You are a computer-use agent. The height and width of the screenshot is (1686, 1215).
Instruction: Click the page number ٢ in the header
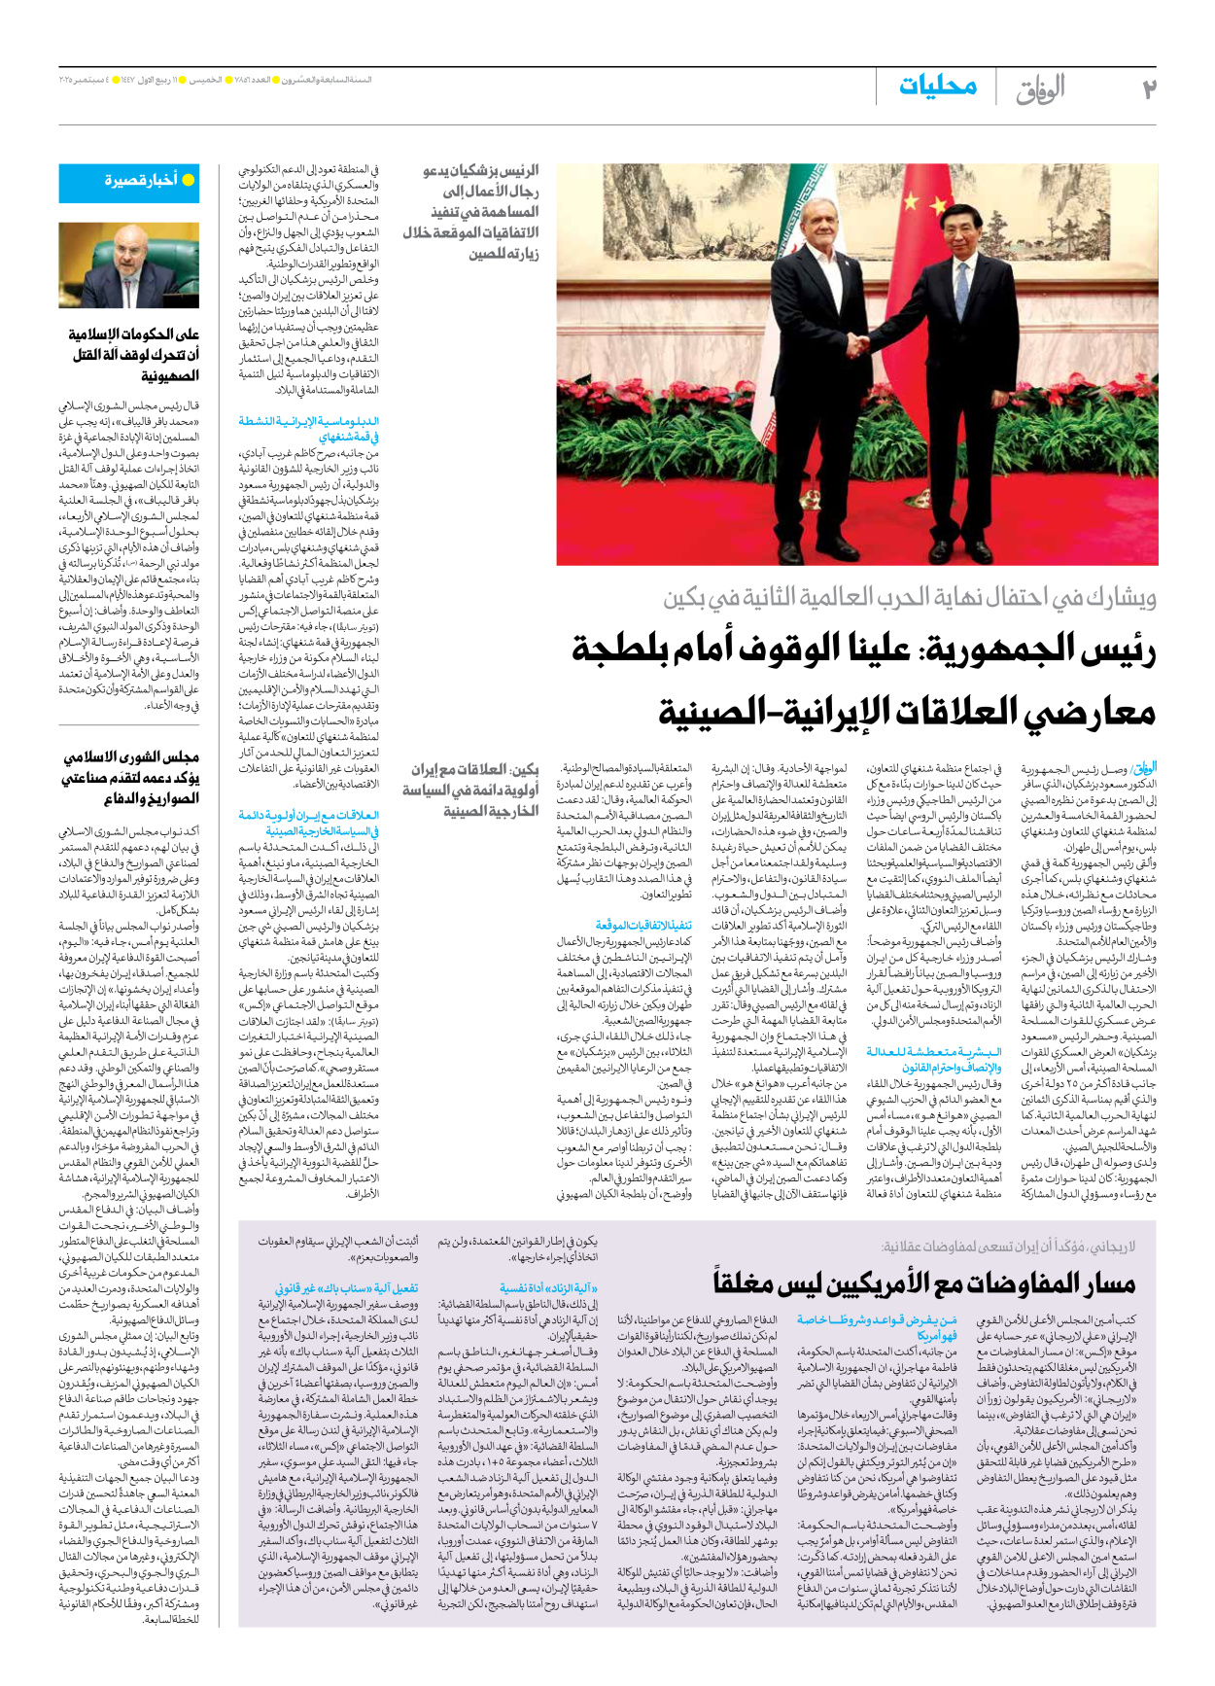pyautogui.click(x=1149, y=88)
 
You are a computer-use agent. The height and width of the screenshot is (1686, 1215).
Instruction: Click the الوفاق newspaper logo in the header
pyautogui.click(x=1040, y=88)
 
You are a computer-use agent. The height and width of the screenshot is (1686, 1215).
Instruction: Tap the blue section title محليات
pyautogui.click(x=937, y=86)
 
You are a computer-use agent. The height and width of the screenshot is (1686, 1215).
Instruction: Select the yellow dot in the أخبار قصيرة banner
pyautogui.click(x=189, y=180)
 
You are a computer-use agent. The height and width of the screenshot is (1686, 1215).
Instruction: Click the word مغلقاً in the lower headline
pyautogui.click(x=746, y=1282)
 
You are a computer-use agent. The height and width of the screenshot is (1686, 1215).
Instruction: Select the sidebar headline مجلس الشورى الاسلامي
pyautogui.click(x=130, y=777)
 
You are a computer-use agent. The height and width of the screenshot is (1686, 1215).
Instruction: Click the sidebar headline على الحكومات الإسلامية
pyautogui.click(x=133, y=354)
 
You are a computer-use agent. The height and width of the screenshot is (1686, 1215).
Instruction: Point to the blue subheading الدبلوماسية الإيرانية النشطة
pyautogui.click(x=309, y=429)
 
